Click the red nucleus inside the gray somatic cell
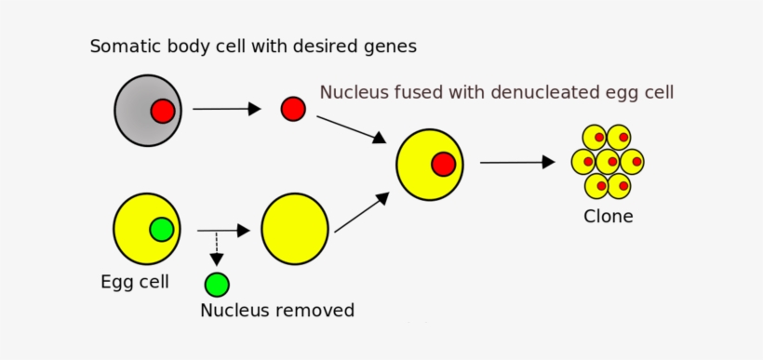163,112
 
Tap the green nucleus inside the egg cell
162,229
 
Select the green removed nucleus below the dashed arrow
217,284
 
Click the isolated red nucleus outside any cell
293,109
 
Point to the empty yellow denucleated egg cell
295,229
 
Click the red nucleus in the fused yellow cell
443,165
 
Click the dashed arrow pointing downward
216,248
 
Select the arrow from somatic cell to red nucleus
226,109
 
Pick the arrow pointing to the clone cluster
516,162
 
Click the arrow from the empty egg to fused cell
362,213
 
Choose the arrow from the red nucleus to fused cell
351,128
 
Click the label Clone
609,217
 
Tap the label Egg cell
135,281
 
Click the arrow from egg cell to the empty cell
223,230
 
